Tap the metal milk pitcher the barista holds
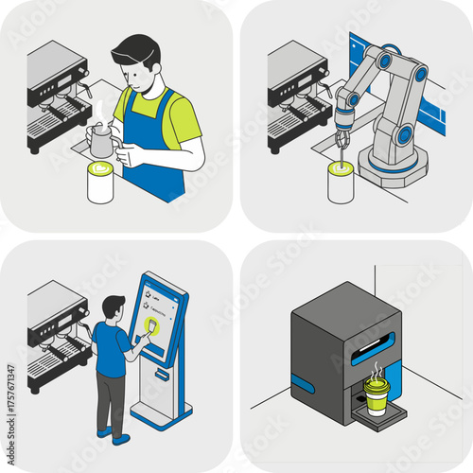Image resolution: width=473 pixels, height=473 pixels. pos(101,142)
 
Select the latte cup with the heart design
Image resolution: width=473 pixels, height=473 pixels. pos(100,183)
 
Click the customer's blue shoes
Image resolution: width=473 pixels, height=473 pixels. pos(112,436)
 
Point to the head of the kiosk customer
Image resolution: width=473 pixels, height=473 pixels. pos(114,308)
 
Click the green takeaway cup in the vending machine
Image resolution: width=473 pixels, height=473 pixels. pos(377,398)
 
